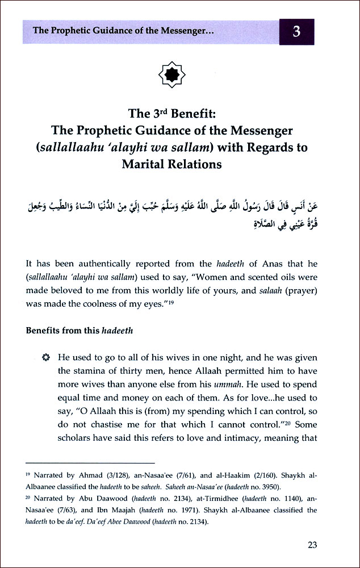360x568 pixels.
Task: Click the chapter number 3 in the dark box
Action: point(296,31)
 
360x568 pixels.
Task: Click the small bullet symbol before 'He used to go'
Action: point(46,358)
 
